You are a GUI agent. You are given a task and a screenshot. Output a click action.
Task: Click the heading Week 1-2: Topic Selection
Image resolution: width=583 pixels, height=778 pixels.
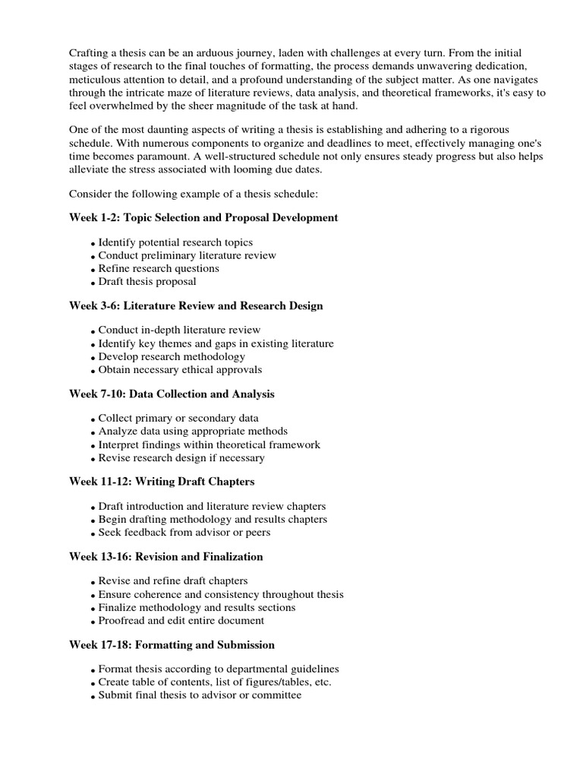click(203, 218)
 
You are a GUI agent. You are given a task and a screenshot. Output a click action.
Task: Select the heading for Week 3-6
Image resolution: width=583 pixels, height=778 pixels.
click(196, 306)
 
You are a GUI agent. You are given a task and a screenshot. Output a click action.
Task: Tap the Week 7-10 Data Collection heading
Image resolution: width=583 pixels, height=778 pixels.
click(172, 394)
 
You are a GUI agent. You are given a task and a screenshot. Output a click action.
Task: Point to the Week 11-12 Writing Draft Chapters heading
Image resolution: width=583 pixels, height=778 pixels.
click(162, 482)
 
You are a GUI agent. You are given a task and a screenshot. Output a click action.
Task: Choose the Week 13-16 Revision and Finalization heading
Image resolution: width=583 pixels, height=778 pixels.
click(166, 557)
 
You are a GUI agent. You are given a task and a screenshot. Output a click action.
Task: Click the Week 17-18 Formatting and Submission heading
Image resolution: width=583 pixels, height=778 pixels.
click(172, 645)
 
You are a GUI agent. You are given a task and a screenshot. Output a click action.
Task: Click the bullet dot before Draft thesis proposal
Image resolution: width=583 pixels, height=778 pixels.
click(93, 283)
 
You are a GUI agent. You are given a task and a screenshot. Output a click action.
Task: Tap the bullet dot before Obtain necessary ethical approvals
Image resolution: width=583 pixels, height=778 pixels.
click(93, 371)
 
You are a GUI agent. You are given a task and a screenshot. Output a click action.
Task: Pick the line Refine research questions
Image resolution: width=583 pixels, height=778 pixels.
click(159, 268)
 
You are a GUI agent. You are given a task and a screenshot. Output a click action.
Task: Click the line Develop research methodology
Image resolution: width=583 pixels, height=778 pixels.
click(172, 356)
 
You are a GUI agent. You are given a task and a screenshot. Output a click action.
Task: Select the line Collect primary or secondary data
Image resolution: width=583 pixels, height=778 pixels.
click(178, 418)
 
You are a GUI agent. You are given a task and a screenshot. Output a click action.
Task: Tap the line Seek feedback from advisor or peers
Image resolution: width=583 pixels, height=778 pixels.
click(184, 533)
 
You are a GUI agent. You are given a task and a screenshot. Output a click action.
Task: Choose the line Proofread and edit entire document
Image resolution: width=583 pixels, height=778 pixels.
click(181, 621)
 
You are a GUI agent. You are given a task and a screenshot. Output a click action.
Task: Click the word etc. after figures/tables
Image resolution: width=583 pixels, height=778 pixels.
click(322, 682)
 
